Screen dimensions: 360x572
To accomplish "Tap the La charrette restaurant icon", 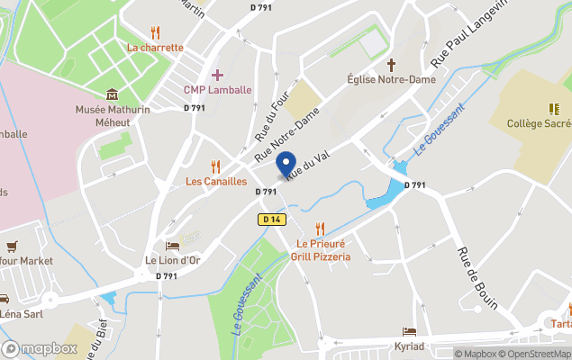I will point(155,33).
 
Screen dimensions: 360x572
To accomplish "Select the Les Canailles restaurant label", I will point(215,181).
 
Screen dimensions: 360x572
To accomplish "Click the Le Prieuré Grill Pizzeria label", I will point(320,250).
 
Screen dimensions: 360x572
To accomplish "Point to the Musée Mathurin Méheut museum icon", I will point(112,94).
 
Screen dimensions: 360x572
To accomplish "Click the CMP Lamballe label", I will point(216,90).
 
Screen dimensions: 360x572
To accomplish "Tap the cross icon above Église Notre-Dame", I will point(392,65).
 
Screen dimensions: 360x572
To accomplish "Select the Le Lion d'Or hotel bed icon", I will point(172,246).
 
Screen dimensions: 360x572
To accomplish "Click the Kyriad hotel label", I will point(409,346).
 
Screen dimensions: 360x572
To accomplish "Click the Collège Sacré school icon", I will point(554,109).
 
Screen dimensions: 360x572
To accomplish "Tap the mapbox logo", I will point(40,348).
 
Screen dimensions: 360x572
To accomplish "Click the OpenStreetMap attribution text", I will point(537,354).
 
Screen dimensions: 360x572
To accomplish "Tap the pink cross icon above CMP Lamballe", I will point(216,75).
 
